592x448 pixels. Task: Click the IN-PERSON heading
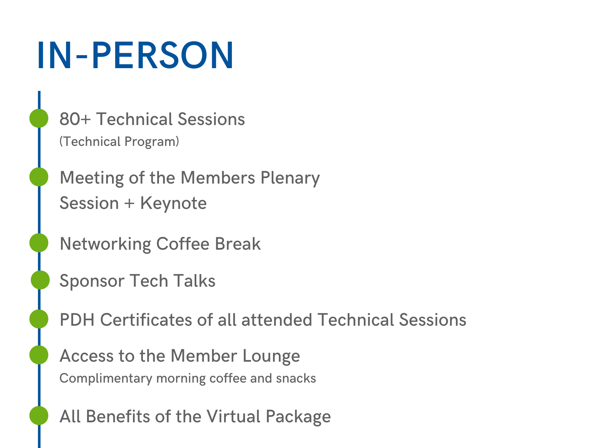pos(135,55)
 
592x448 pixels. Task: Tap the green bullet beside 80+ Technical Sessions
pos(39,119)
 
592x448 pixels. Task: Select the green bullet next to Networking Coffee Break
pos(39,243)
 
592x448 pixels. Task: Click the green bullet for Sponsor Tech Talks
pos(40,280)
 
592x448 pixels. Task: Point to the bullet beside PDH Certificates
pos(39,319)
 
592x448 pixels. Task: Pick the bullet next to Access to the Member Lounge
pos(39,355)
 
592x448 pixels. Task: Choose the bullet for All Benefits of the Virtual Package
pos(39,415)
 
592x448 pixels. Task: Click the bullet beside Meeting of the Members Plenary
pos(39,177)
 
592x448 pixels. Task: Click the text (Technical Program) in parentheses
pos(119,141)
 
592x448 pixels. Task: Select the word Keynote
pos(173,203)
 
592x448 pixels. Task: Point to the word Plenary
pos(290,178)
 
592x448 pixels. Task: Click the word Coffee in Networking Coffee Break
pos(183,244)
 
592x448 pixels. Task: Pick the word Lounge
pos(271,357)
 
